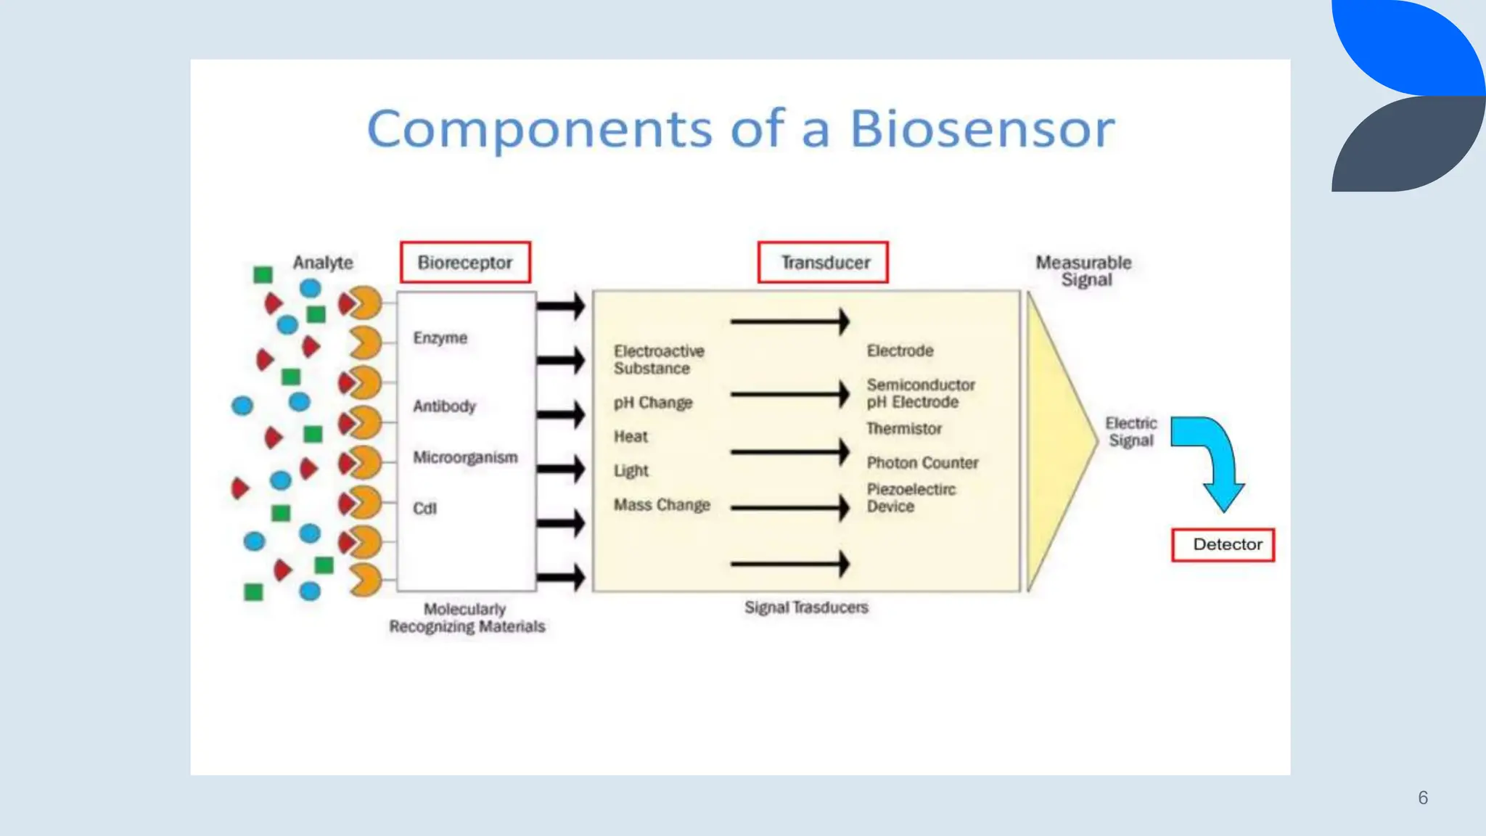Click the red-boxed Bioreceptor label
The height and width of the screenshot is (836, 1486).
coord(465,263)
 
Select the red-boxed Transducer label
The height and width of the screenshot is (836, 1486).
coord(823,263)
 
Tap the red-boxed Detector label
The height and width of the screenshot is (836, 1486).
coord(1223,545)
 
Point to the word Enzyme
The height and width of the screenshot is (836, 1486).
coord(440,338)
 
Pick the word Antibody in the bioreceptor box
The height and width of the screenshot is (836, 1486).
coord(444,406)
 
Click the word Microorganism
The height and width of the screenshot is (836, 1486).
coord(465,458)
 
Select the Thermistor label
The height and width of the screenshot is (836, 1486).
coord(904,429)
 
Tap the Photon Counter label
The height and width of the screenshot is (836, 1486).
coord(922,463)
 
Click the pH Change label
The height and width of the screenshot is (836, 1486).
coord(653,403)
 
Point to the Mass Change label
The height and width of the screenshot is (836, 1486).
coord(662,505)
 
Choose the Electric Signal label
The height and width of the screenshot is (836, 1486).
coord(1130,432)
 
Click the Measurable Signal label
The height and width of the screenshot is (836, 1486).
coord(1084,271)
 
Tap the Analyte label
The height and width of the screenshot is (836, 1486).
coord(323,263)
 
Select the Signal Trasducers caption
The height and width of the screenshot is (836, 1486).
coord(806,607)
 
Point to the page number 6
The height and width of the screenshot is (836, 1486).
coord(1423,798)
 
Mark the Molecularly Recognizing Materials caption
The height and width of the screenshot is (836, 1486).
coord(467,618)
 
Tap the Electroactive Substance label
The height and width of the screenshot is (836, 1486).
coord(658,360)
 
